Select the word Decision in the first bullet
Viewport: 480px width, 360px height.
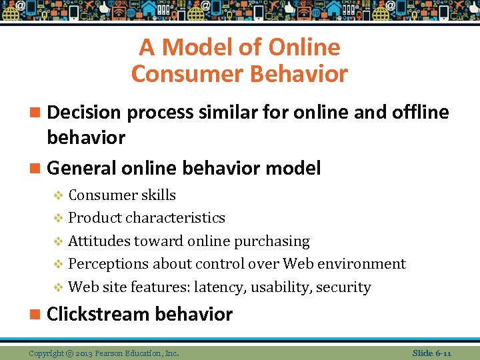pos(86,113)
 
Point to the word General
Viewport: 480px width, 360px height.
pos(81,168)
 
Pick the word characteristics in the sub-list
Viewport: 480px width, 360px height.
pos(175,218)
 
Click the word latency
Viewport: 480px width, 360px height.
pos(235,287)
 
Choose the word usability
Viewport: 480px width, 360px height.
pos(287,287)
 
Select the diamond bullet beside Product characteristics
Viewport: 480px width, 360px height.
pos(58,218)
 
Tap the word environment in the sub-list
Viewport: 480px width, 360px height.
pos(364,264)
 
